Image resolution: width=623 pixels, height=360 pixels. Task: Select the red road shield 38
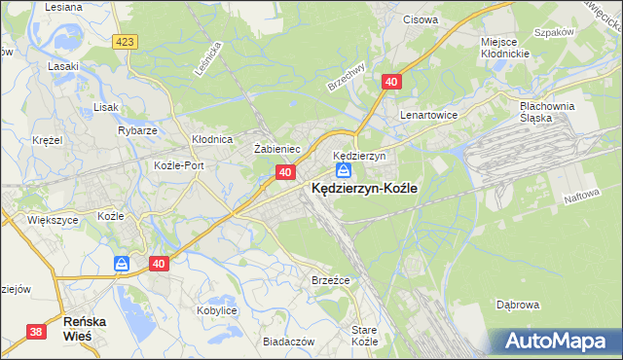coord(36,332)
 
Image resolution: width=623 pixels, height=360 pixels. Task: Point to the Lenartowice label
coord(429,114)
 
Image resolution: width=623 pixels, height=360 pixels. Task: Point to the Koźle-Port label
coord(179,165)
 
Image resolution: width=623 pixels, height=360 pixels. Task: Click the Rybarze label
coord(137,129)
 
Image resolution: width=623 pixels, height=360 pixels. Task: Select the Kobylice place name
coord(217,309)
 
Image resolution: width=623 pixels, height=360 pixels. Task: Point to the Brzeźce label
coord(330,279)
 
